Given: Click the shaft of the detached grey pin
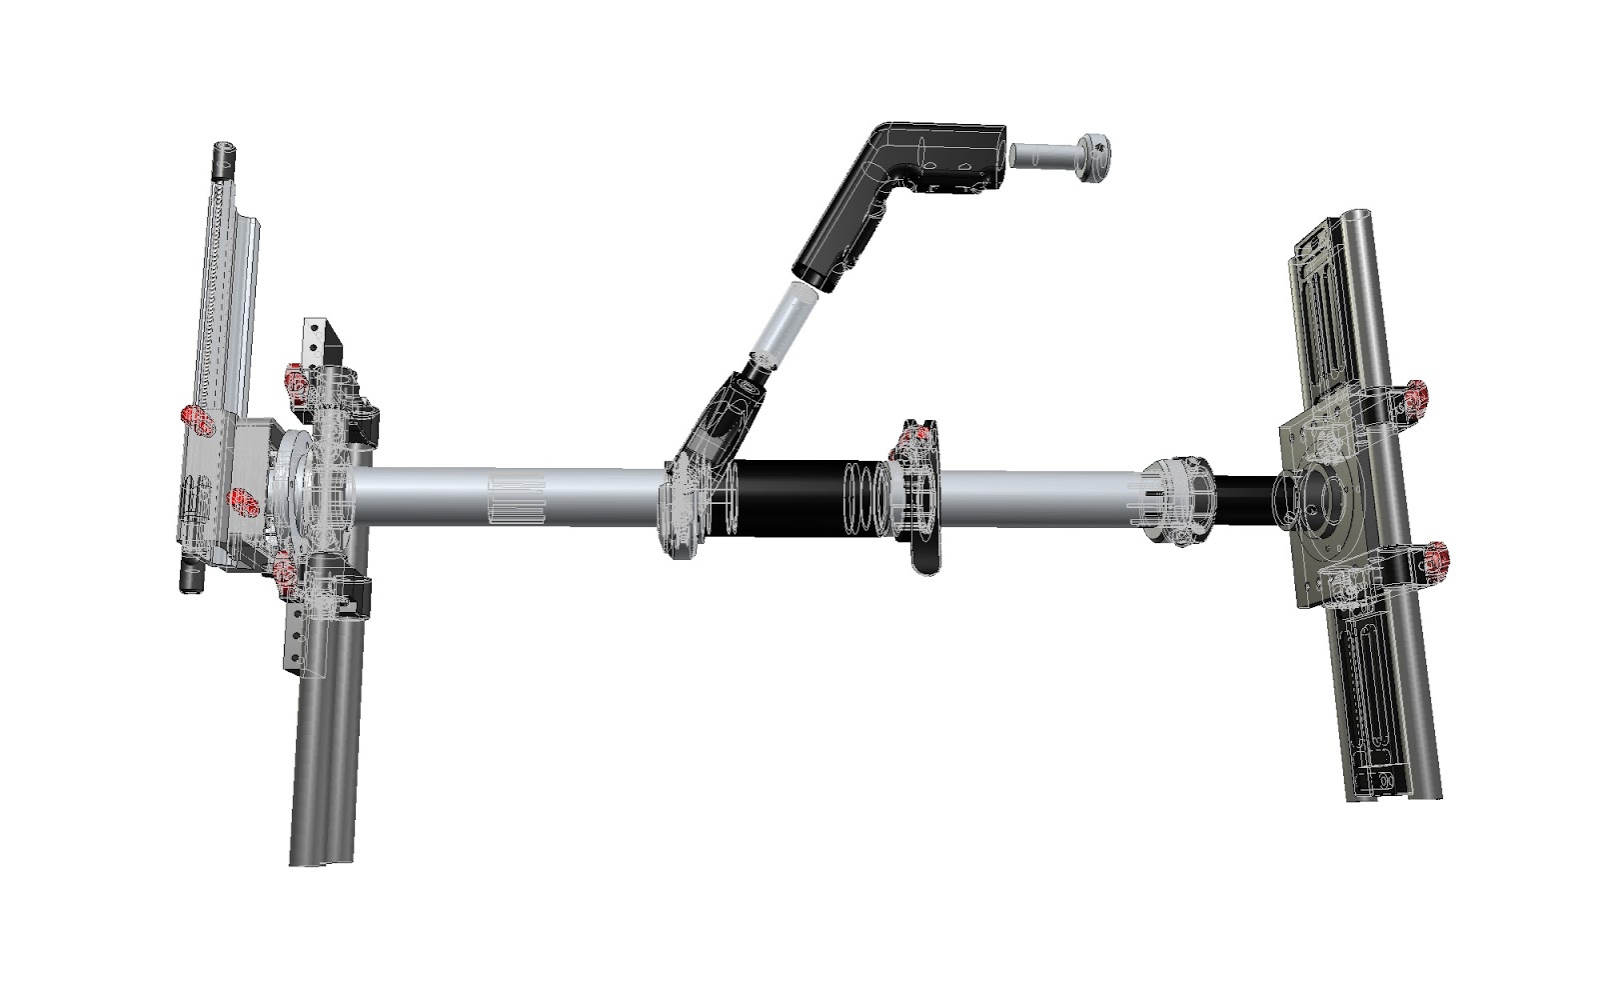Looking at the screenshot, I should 1039,155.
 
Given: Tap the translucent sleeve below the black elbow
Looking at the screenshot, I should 785,325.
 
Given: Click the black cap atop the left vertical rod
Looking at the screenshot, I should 225,157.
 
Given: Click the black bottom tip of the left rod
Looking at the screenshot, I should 188,580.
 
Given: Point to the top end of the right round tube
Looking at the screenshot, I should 1360,220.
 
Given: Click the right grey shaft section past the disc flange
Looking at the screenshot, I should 1039,495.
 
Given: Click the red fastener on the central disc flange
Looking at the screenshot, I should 911,436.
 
